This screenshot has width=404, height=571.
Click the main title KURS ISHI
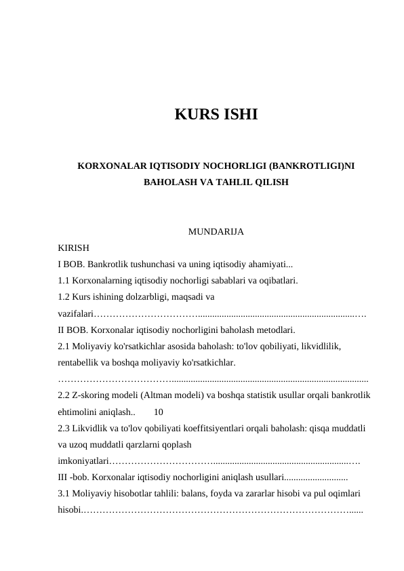[x=216, y=115]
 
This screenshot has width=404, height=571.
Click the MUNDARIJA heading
[x=216, y=233]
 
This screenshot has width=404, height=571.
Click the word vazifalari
[x=75, y=314]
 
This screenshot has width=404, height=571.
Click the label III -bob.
[x=74, y=477]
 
